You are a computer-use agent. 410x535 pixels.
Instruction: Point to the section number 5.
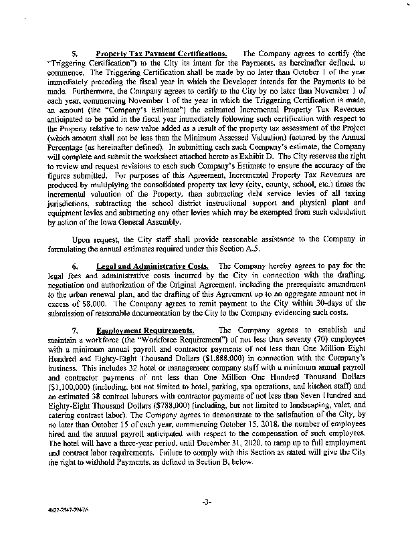point(76,53)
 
